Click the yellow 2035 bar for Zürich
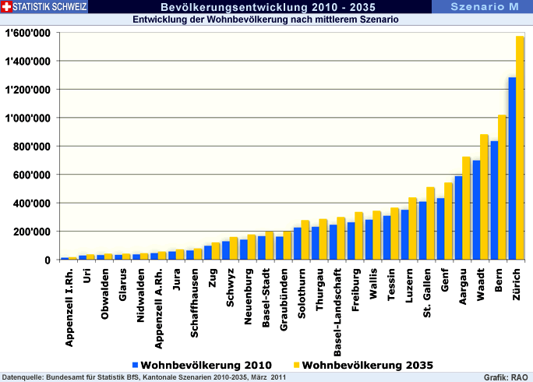[x=520, y=148]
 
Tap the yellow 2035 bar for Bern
[x=502, y=187]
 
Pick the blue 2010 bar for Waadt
[x=476, y=210]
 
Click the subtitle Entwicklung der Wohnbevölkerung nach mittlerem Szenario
[x=266, y=20]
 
